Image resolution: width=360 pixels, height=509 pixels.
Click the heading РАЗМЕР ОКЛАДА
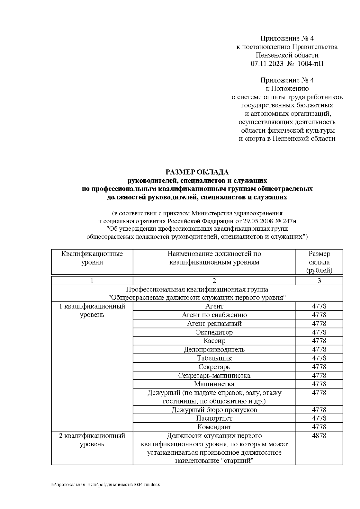[x=197, y=172]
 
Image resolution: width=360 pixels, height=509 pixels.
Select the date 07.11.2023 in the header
[x=267, y=64]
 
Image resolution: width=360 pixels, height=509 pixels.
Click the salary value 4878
[x=319, y=436]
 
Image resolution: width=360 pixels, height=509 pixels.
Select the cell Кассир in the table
[x=214, y=341]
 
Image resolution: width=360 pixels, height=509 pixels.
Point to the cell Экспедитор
[x=214, y=332]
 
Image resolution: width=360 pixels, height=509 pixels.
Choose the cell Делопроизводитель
[x=214, y=349]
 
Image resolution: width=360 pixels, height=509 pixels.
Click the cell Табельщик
[x=214, y=358]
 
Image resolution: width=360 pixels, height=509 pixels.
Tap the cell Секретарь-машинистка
[x=214, y=376]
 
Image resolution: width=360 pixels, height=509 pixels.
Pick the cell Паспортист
[x=214, y=418]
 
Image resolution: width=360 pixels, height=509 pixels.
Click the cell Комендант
[x=214, y=427]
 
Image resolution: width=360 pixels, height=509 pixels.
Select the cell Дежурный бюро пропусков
[x=214, y=410]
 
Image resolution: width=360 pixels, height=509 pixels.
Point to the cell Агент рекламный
[x=214, y=324]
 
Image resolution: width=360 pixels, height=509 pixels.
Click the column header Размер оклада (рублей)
[x=319, y=262]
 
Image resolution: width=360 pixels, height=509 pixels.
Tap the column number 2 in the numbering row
[x=214, y=281]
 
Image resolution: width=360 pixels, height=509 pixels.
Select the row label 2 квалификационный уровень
[x=92, y=440]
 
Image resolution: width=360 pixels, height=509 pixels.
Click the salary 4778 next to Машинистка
[x=319, y=384]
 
